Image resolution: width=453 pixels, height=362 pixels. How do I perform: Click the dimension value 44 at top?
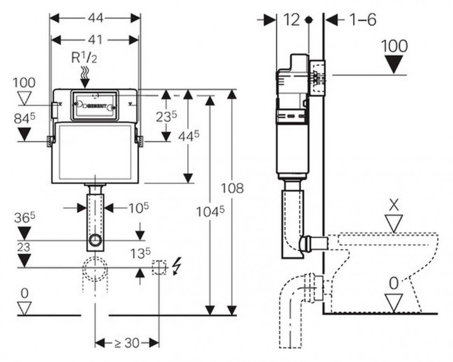coord(95,18)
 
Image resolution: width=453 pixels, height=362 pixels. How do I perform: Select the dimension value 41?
coord(95,39)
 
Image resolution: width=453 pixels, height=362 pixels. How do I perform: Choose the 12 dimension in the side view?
coord(292,20)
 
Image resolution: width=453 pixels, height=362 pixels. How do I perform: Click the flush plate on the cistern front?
coord(94,105)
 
